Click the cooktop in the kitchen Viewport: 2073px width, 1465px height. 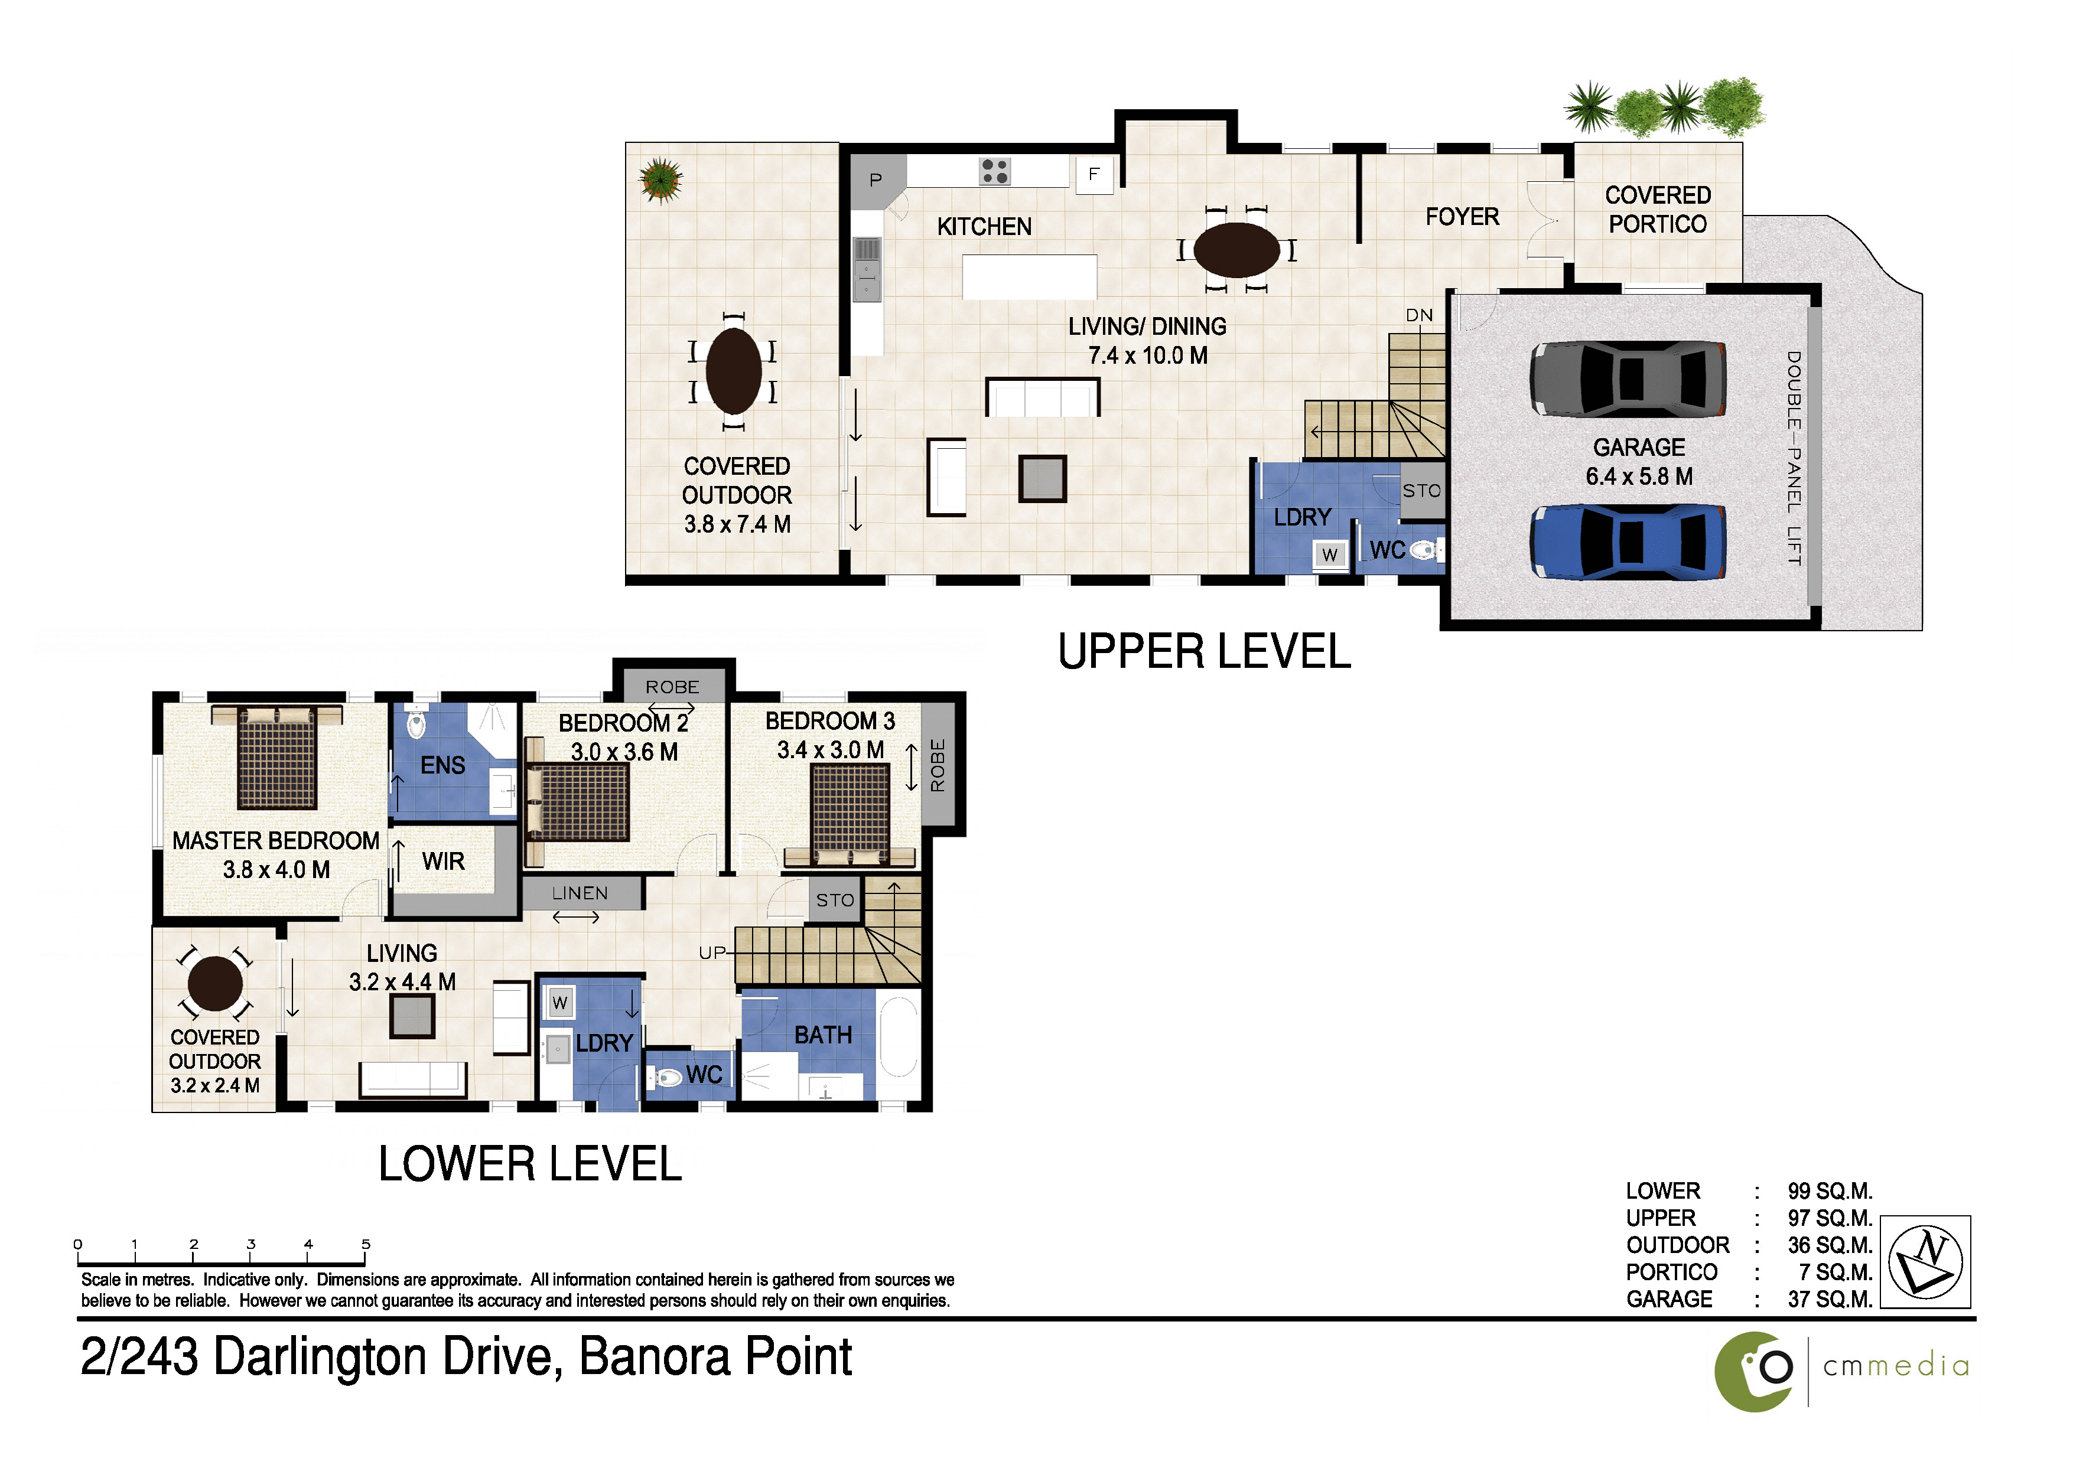click(995, 171)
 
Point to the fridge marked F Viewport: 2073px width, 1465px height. click(1094, 174)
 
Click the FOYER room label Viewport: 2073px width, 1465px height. click(1462, 217)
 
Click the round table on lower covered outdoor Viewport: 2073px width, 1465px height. click(215, 984)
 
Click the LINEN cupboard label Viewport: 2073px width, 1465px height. click(580, 893)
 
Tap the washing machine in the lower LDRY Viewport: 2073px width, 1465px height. click(560, 1003)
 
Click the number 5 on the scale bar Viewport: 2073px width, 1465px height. click(366, 1244)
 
